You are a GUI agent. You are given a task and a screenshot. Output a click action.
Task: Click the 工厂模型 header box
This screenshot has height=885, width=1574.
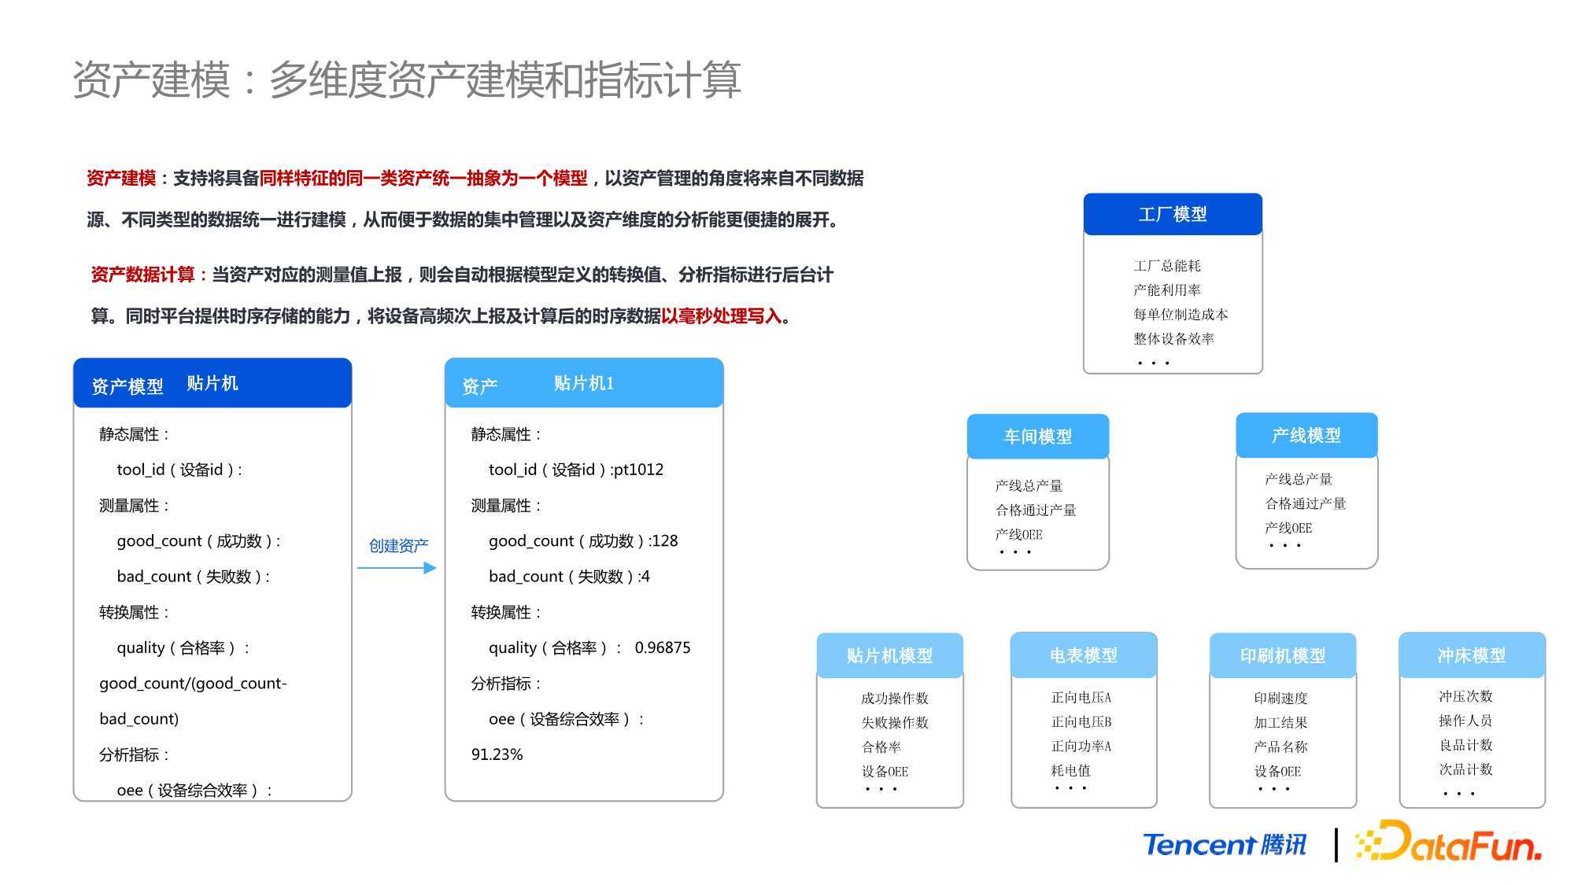click(x=1173, y=214)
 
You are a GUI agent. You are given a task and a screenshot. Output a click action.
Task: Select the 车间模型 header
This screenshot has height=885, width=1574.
click(x=1037, y=437)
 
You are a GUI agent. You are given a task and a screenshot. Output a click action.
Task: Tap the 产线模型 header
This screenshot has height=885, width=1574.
click(x=1306, y=435)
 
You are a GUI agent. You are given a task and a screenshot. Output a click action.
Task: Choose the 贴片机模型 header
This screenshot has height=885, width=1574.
click(x=889, y=655)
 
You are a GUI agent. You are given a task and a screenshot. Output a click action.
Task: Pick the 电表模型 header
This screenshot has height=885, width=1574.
click(x=1084, y=655)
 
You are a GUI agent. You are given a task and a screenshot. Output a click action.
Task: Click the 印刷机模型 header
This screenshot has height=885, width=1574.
click(x=1283, y=655)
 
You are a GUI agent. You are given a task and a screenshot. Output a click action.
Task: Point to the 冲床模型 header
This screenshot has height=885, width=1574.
click(x=1472, y=655)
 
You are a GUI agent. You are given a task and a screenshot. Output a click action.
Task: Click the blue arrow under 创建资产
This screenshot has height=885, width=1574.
click(x=397, y=568)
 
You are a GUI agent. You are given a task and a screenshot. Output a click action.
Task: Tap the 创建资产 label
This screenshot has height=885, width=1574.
click(x=399, y=546)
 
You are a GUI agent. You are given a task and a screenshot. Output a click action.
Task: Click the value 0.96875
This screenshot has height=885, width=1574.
click(x=663, y=647)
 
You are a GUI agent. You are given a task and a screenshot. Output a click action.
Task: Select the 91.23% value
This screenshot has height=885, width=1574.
click(x=497, y=754)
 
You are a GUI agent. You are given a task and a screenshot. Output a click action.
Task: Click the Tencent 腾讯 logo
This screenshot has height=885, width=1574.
click(x=1225, y=845)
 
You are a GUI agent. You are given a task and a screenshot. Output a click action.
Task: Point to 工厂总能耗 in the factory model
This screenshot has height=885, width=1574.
click(x=1167, y=266)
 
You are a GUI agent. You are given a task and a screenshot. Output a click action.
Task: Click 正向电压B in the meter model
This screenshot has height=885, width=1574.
click(x=1081, y=721)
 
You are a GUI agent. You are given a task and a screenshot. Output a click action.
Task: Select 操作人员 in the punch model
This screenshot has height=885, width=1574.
click(x=1465, y=721)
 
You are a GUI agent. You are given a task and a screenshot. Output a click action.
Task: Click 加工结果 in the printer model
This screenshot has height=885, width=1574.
click(x=1280, y=722)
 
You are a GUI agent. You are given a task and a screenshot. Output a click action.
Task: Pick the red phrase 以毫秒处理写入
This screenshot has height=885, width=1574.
click(x=721, y=316)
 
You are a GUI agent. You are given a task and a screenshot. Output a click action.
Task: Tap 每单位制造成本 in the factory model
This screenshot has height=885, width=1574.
click(x=1180, y=315)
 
